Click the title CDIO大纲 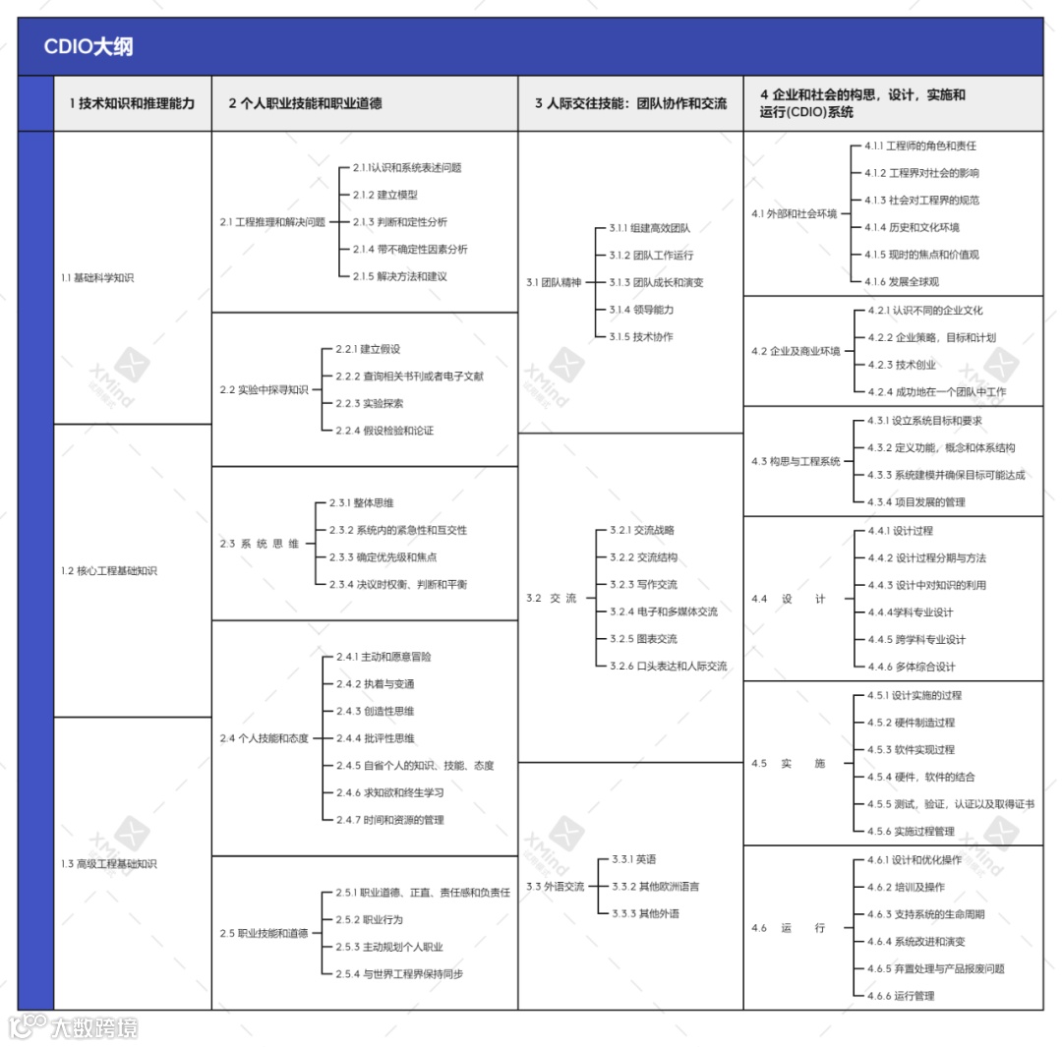(88, 47)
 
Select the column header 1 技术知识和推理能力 (132, 103)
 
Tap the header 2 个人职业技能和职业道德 (305, 103)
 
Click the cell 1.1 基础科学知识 (96, 277)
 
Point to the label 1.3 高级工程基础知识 (108, 864)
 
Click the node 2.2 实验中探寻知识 (264, 389)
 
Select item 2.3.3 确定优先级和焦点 (383, 557)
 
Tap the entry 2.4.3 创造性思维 (375, 711)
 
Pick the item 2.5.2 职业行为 (369, 920)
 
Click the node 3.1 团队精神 (554, 283)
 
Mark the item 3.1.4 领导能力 (641, 310)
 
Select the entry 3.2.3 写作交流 (643, 585)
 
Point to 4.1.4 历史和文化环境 (912, 227)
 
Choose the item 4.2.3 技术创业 (901, 365)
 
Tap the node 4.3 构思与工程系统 (796, 461)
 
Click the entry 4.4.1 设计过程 (900, 531)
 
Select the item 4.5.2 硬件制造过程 (911, 723)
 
